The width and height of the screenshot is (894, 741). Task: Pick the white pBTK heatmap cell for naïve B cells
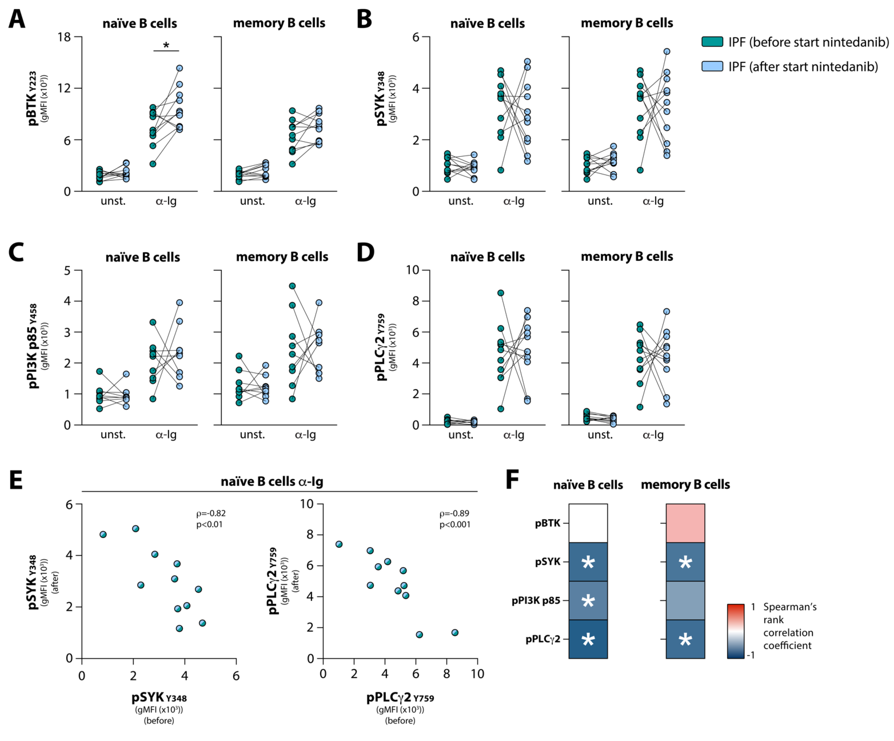tap(588, 523)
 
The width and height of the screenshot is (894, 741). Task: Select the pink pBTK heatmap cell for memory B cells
tap(685, 523)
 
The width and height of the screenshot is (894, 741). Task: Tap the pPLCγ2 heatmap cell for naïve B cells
tap(588, 639)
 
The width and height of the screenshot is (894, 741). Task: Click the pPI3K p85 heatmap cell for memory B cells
tap(685, 600)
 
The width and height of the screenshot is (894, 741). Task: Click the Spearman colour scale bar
tap(736, 631)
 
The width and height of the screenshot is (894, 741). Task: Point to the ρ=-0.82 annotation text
tap(211, 513)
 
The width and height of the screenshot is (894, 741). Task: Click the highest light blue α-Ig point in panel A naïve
tap(180, 68)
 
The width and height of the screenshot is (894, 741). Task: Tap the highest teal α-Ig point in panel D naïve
tap(501, 293)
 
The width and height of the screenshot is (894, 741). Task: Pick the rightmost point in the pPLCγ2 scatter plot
tap(455, 632)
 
